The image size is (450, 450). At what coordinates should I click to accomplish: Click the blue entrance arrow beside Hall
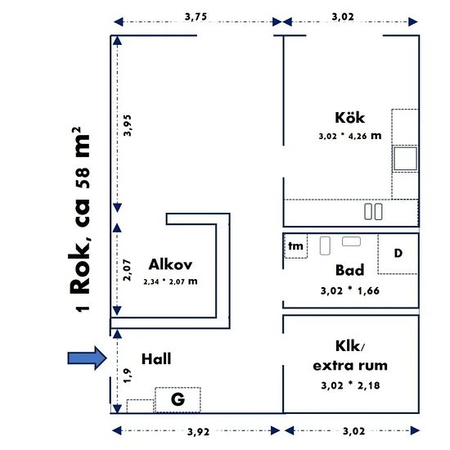click(88, 358)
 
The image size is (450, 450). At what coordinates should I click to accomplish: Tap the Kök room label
click(350, 118)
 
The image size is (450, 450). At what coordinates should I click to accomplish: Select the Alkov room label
click(170, 264)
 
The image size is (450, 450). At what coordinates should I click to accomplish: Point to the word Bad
click(350, 270)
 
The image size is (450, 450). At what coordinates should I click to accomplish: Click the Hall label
click(156, 359)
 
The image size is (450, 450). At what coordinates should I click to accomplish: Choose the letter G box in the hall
click(178, 399)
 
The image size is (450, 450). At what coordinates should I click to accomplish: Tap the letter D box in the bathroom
click(398, 254)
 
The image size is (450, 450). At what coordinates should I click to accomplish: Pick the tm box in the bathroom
click(295, 246)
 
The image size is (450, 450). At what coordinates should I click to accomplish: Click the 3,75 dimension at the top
click(196, 16)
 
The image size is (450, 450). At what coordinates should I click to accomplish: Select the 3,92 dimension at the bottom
click(198, 432)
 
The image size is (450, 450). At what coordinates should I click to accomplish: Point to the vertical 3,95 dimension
click(127, 125)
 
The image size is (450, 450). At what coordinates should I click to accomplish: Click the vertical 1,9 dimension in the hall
click(127, 376)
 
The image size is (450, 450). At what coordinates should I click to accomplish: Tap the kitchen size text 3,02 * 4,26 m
click(350, 136)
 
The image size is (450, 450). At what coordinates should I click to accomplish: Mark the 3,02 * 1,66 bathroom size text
click(350, 290)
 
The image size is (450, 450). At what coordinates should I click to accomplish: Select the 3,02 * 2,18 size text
click(350, 385)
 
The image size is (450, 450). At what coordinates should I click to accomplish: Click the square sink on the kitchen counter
click(405, 159)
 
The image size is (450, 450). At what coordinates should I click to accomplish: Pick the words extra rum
click(350, 366)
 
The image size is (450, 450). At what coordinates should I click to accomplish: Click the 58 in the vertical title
click(83, 178)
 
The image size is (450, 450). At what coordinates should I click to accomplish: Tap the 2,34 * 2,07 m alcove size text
click(170, 281)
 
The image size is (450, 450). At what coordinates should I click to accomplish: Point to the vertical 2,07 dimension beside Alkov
click(127, 270)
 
